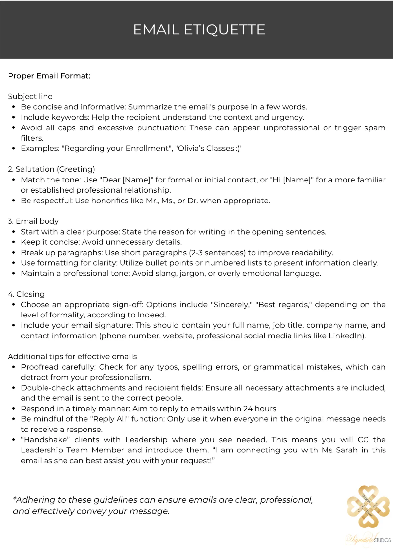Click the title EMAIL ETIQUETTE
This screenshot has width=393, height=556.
(199, 29)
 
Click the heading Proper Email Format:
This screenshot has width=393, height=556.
(49, 76)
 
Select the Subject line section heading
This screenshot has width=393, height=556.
(30, 96)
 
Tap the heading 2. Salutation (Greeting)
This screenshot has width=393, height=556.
(51, 169)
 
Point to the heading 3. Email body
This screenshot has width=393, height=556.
(33, 221)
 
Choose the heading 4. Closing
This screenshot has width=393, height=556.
(26, 294)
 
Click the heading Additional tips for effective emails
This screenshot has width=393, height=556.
(72, 356)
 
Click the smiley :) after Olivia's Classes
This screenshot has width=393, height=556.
(238, 148)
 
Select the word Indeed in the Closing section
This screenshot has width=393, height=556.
(151, 315)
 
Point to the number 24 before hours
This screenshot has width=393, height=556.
(248, 409)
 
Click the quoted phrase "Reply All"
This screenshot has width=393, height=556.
(111, 419)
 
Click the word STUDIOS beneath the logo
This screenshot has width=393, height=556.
(382, 540)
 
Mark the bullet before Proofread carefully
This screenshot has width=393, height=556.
(13, 367)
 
